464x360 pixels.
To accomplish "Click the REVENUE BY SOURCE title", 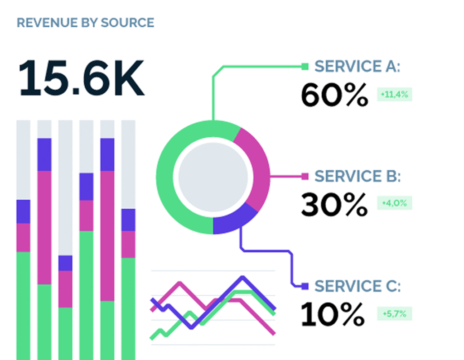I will pos(85,22).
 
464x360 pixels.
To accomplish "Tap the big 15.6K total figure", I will pos(82,78).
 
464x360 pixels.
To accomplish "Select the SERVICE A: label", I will pos(358,67).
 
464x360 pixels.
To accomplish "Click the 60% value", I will pos(334,95).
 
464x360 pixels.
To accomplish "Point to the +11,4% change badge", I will pos(395,95).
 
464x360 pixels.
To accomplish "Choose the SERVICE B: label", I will pos(358,176).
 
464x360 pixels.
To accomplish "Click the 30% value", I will pos(334,205).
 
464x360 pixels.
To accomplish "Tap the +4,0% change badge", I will pos(395,203).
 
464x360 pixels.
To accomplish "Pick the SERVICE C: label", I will pos(358,286).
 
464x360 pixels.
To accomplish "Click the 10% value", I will pos(333,314).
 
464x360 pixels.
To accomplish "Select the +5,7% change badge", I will pos(395,313).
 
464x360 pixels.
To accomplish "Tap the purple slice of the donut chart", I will pos(234,221).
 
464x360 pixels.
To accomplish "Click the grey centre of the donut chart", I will pos(213,177).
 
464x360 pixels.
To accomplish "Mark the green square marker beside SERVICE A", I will pos(305,67).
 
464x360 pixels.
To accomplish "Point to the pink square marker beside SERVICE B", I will pos(305,176).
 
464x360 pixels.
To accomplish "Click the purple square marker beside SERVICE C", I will pos(305,286).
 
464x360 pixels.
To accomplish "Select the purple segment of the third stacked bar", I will pos(65,263).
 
